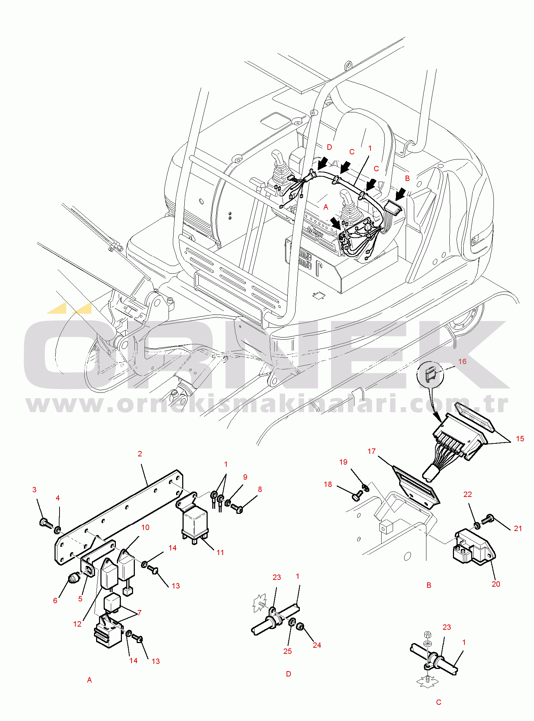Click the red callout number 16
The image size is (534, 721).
(x=462, y=361)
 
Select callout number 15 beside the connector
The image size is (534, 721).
(x=520, y=438)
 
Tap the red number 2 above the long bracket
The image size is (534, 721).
(x=140, y=454)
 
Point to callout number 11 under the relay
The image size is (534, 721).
(x=220, y=553)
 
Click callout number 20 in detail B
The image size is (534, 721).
(x=496, y=584)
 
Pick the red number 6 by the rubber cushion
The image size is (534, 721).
(x=55, y=601)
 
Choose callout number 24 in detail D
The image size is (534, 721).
(x=317, y=645)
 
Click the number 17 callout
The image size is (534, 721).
(x=372, y=451)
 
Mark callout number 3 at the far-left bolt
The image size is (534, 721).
(x=34, y=490)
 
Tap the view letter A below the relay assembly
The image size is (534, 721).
(x=89, y=680)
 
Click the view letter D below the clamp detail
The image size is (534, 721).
(x=288, y=674)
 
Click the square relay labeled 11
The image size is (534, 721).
(x=195, y=523)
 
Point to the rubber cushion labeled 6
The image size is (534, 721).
(x=74, y=578)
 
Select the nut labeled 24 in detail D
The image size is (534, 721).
(x=301, y=627)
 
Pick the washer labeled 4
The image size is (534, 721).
(x=57, y=529)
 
